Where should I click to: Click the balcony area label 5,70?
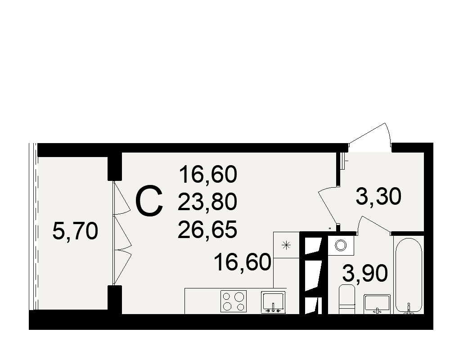[x=75, y=231]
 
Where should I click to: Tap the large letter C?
[x=149, y=201]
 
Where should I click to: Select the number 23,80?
[x=207, y=202]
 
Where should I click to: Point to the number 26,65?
[x=207, y=229]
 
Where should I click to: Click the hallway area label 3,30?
[x=378, y=197]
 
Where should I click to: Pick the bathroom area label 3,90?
[x=365, y=274]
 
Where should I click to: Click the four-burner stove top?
[x=233, y=301]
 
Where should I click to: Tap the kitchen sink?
[x=273, y=302]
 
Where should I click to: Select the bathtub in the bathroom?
[x=409, y=275]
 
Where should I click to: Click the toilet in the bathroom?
[x=347, y=299]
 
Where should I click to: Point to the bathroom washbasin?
[x=377, y=304]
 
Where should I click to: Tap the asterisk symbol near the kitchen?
[x=286, y=245]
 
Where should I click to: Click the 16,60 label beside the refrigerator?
[x=243, y=262]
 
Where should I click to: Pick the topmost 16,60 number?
[x=208, y=174]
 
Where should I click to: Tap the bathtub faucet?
[x=409, y=309]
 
